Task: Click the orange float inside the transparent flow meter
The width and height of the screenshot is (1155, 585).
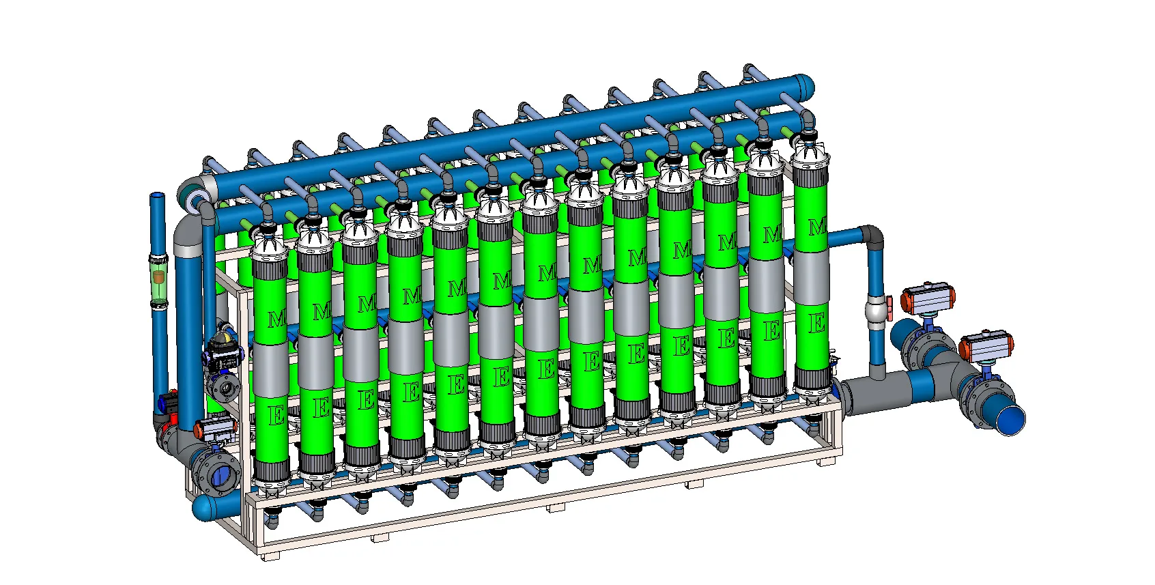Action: pyautogui.click(x=159, y=276)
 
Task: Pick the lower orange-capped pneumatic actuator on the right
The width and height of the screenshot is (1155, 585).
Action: pyautogui.click(x=986, y=345)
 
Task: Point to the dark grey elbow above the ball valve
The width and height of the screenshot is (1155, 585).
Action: pyautogui.click(x=871, y=237)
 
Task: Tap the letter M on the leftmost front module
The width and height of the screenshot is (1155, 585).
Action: pyautogui.click(x=276, y=319)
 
